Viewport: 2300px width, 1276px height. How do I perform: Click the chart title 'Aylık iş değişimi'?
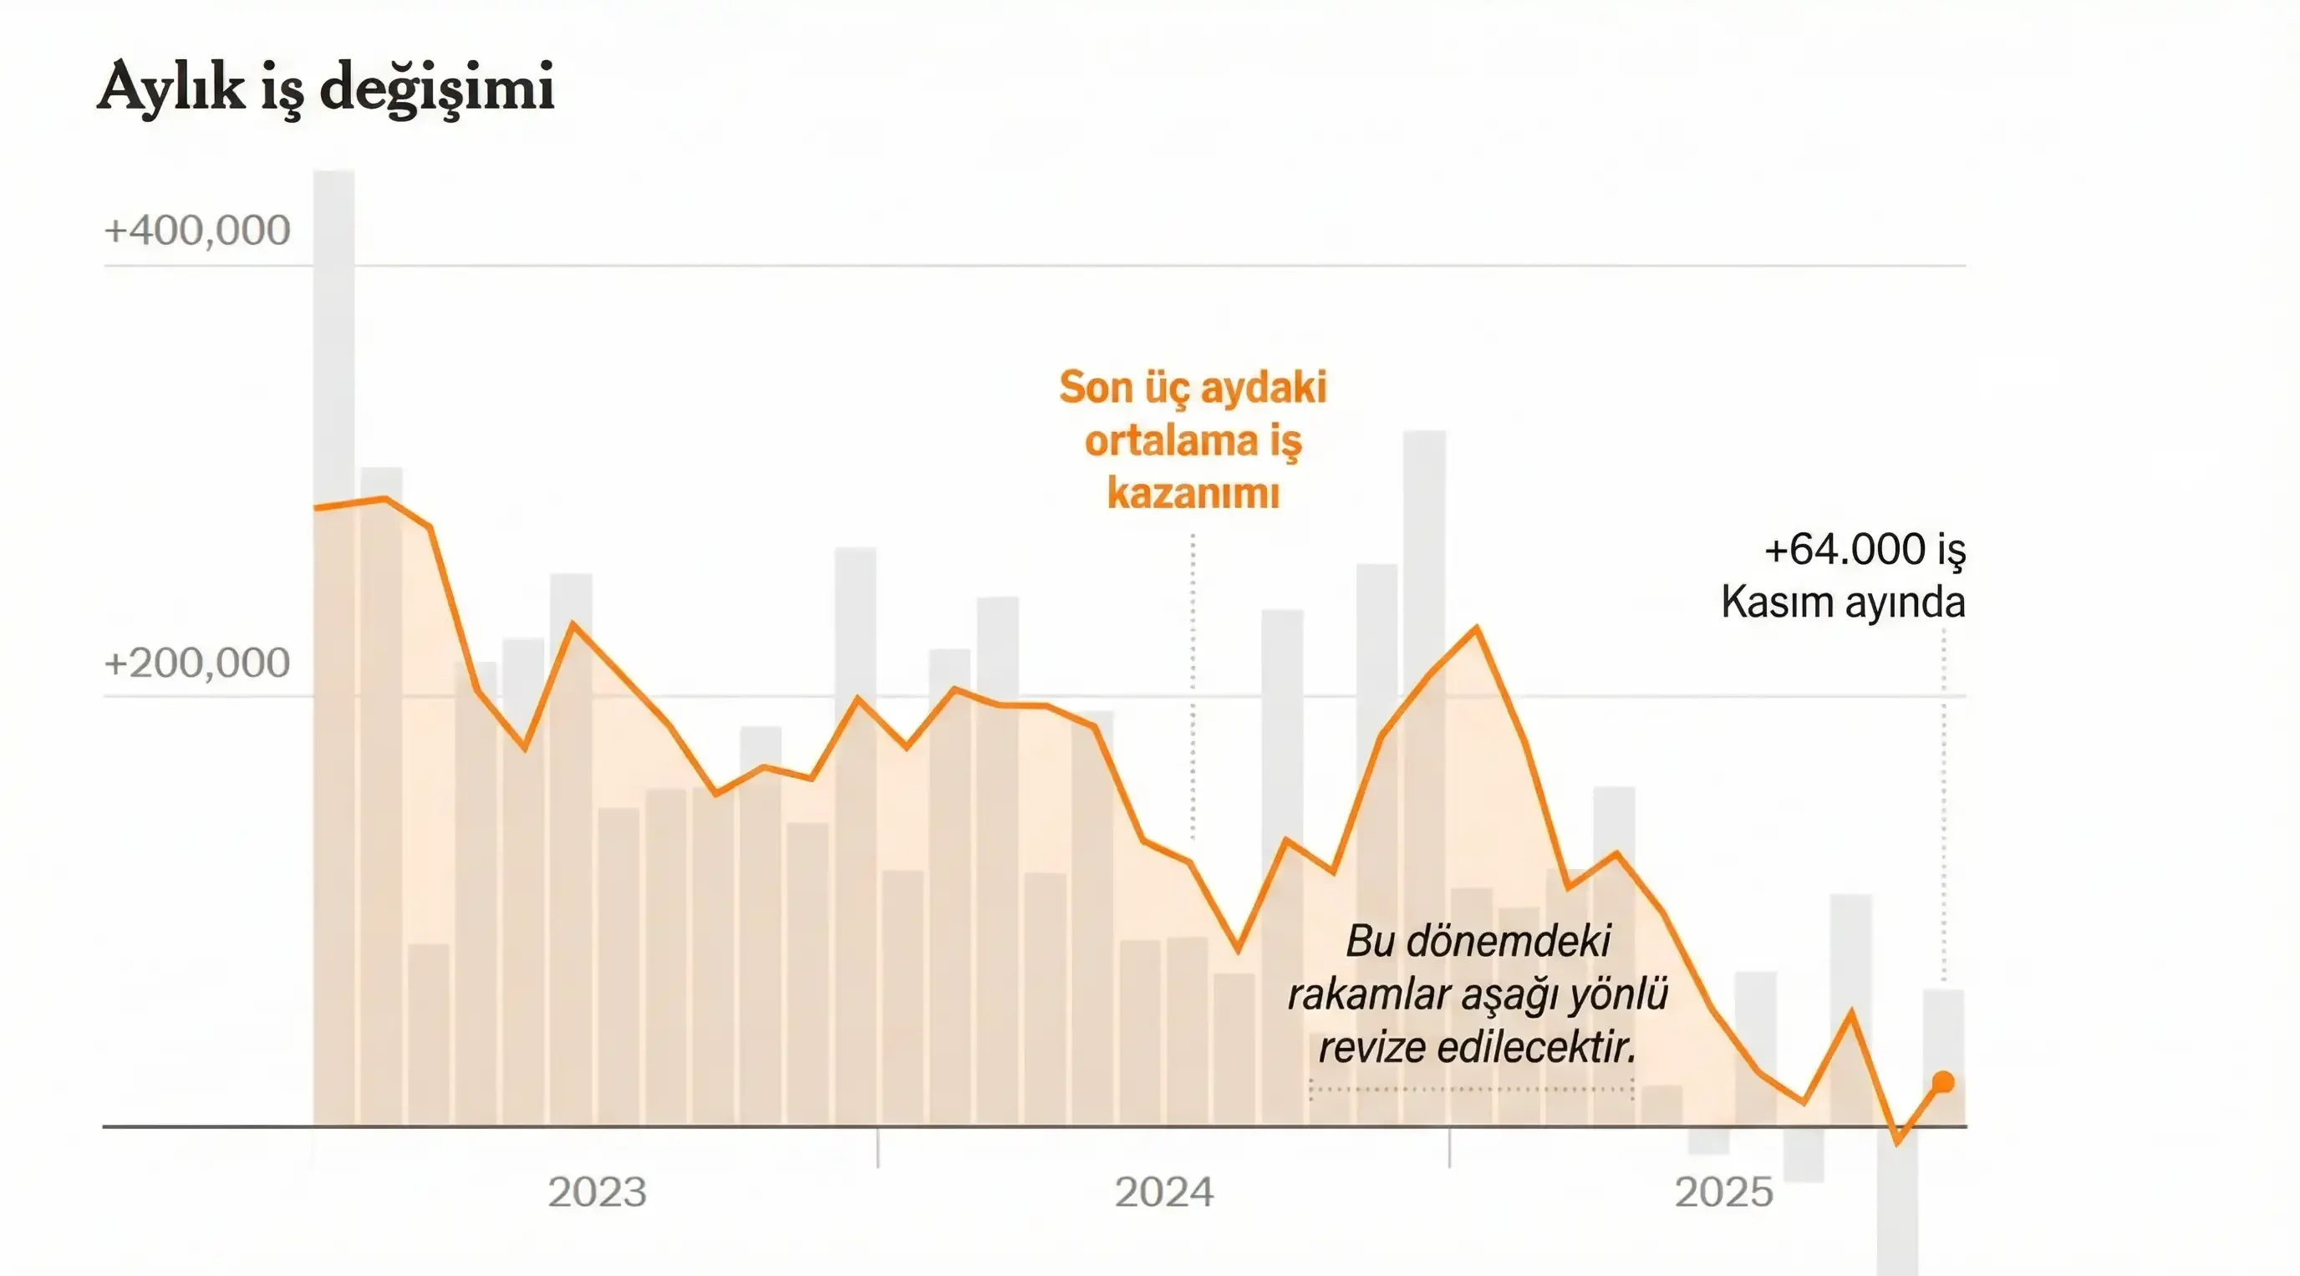click(x=326, y=88)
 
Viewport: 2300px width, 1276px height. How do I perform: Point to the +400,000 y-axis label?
click(x=197, y=231)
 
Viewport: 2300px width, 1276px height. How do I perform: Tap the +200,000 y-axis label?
click(x=197, y=663)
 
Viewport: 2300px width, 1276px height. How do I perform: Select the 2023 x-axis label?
click(x=597, y=1192)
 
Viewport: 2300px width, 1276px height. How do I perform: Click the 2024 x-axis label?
click(x=1164, y=1192)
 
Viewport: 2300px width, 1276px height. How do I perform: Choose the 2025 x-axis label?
click(x=1723, y=1192)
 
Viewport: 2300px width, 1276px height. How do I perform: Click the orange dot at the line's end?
click(x=1943, y=1082)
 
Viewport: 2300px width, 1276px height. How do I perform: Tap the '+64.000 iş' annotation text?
click(x=1865, y=549)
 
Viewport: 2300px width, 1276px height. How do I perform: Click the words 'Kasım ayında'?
click(x=1843, y=602)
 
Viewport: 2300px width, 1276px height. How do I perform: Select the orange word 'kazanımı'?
click(x=1193, y=493)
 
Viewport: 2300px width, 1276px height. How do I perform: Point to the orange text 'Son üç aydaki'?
click(x=1193, y=388)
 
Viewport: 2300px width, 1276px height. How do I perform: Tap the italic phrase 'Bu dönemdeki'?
click(x=1478, y=940)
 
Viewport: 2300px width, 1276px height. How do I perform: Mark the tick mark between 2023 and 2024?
click(x=878, y=1147)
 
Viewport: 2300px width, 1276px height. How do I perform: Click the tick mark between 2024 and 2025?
click(x=1449, y=1147)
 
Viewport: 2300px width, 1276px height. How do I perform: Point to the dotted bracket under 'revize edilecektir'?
click(x=1472, y=1090)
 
